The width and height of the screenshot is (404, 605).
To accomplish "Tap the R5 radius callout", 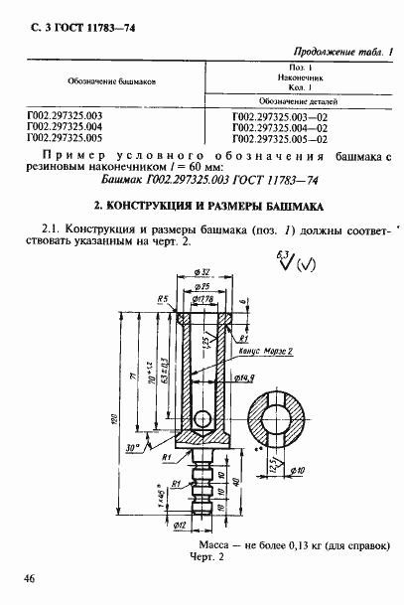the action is [x=160, y=296].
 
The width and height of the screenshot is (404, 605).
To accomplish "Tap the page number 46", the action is [x=19, y=577].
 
